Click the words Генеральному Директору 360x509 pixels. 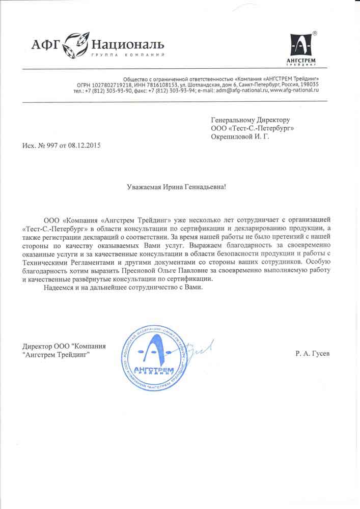click(251, 119)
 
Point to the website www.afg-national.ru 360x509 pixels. click(294, 90)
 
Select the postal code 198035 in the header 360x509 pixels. click(309, 84)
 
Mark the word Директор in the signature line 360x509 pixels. click(37, 346)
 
